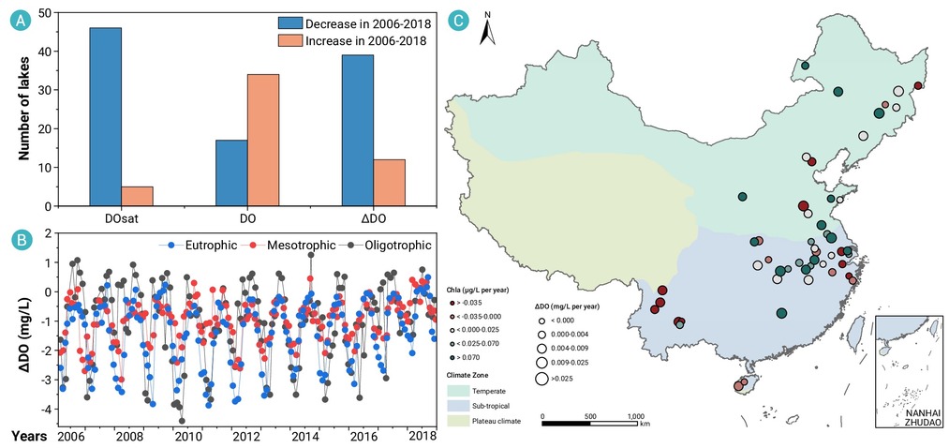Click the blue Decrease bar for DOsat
coord(105,117)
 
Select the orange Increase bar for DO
coord(263,141)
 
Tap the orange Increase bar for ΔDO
coord(390,183)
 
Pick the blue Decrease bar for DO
coord(231,173)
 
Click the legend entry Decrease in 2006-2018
coord(354,24)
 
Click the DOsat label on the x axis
coord(121,218)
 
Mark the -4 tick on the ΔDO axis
coord(45,410)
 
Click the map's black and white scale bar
coord(590,424)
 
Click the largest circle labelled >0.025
coord(541,379)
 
